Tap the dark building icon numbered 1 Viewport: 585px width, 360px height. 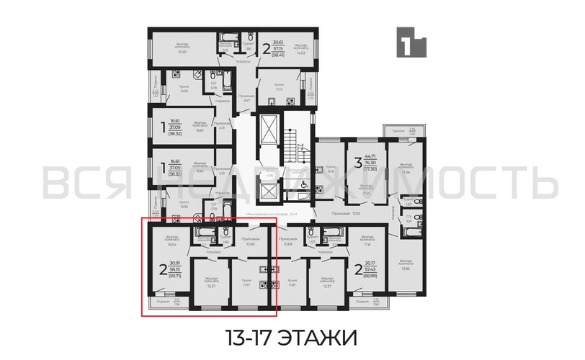point(410,42)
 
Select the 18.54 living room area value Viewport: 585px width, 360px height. point(171,246)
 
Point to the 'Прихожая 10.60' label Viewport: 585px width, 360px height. point(251,241)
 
